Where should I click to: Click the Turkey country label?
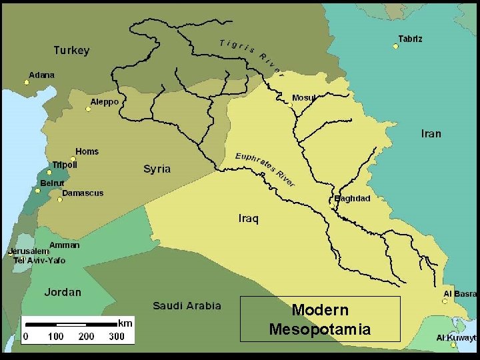click(71, 51)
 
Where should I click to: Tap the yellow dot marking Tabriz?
click(395, 47)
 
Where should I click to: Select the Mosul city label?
click(304, 98)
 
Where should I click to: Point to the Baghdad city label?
click(352, 199)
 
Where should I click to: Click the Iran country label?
click(431, 134)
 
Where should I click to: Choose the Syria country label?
click(157, 169)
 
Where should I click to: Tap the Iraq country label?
click(248, 219)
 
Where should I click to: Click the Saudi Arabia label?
click(187, 306)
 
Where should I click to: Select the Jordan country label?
click(63, 292)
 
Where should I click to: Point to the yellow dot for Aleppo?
click(88, 109)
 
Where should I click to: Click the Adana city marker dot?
click(27, 83)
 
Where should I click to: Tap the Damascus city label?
click(83, 193)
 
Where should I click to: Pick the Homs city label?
click(87, 152)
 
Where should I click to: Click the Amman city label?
click(64, 245)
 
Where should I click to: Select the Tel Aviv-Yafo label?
click(39, 261)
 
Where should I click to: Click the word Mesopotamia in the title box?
click(319, 329)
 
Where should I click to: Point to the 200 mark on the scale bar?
click(86, 337)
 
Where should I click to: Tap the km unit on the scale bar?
click(125, 323)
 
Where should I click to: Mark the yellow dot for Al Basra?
click(445, 301)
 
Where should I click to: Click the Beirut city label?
click(52, 183)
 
